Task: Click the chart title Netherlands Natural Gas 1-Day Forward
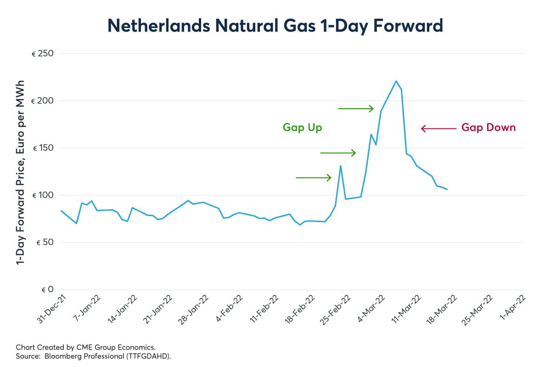pyautogui.click(x=275, y=26)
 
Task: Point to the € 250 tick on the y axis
pyautogui.click(x=43, y=54)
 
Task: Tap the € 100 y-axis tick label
pyautogui.click(x=43, y=195)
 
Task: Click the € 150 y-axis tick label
pyautogui.click(x=43, y=148)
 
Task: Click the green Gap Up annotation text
pyautogui.click(x=302, y=128)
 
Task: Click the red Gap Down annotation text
pyautogui.click(x=489, y=128)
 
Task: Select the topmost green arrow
pyautogui.click(x=356, y=109)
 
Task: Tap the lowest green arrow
pyautogui.click(x=314, y=178)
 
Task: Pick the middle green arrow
pyautogui.click(x=338, y=153)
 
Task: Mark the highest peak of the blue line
pyautogui.click(x=396, y=81)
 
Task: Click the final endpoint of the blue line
pyautogui.click(x=447, y=189)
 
